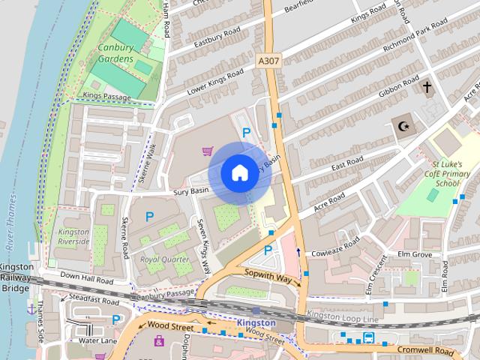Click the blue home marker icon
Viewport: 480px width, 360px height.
[238, 172]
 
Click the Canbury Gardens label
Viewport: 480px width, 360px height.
[115, 53]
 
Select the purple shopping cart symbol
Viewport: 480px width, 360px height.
[207, 151]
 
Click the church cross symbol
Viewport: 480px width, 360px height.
[427, 88]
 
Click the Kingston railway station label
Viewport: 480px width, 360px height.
[256, 322]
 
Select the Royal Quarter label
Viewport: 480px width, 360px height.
[165, 259]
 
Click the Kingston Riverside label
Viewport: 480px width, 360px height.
[73, 237]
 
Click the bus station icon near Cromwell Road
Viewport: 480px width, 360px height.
[368, 337]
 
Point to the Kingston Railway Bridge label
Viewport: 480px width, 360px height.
[16, 277]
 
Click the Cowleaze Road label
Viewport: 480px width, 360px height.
[337, 247]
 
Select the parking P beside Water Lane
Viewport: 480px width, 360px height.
[115, 320]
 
